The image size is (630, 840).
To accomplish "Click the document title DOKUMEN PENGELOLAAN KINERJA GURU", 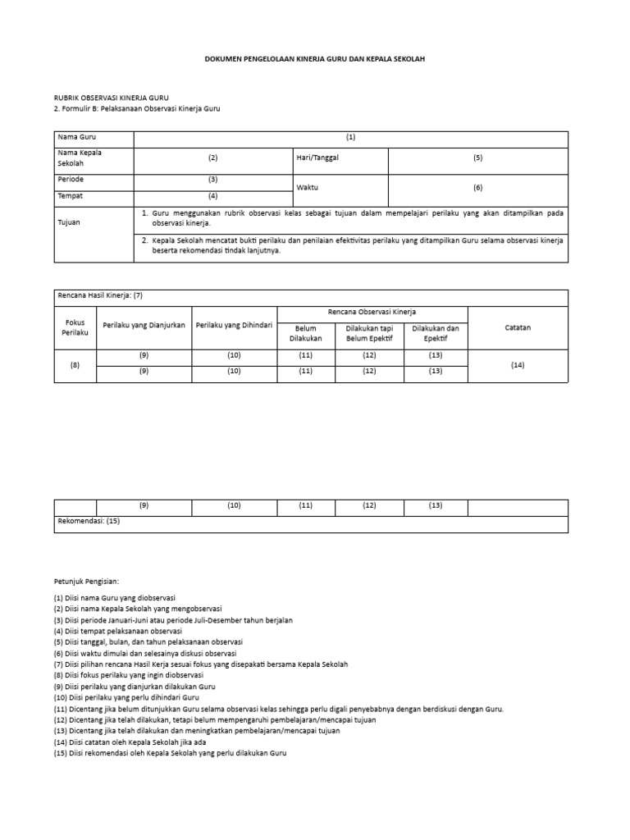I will pyautogui.click(x=314, y=60).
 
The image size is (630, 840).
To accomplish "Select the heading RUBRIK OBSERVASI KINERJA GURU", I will pyautogui.click(x=112, y=98).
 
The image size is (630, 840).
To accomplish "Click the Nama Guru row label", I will pyautogui.click(x=74, y=137).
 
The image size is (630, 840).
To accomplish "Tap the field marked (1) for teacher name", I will pyautogui.click(x=350, y=137).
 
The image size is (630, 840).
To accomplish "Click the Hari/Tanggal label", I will pyautogui.click(x=317, y=157).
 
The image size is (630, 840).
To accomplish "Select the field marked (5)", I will pyautogui.click(x=477, y=157).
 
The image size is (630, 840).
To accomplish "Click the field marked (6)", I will pyautogui.click(x=477, y=187).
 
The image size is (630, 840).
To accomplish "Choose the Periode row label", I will pyautogui.click(x=71, y=179).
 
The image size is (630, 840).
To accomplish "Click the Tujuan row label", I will pyautogui.click(x=69, y=222).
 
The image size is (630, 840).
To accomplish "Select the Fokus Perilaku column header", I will pyautogui.click(x=75, y=327).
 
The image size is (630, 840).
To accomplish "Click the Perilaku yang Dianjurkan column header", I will pyautogui.click(x=144, y=324).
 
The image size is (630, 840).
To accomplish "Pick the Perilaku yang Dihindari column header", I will pyautogui.click(x=234, y=324).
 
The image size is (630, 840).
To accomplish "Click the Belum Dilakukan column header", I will pyautogui.click(x=305, y=333).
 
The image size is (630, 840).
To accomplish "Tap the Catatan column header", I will pyautogui.click(x=517, y=327).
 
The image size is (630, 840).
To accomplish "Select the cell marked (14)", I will pyautogui.click(x=517, y=364).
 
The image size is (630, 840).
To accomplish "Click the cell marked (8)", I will pyautogui.click(x=75, y=364).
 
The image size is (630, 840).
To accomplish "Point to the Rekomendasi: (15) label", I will pyautogui.click(x=89, y=520).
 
